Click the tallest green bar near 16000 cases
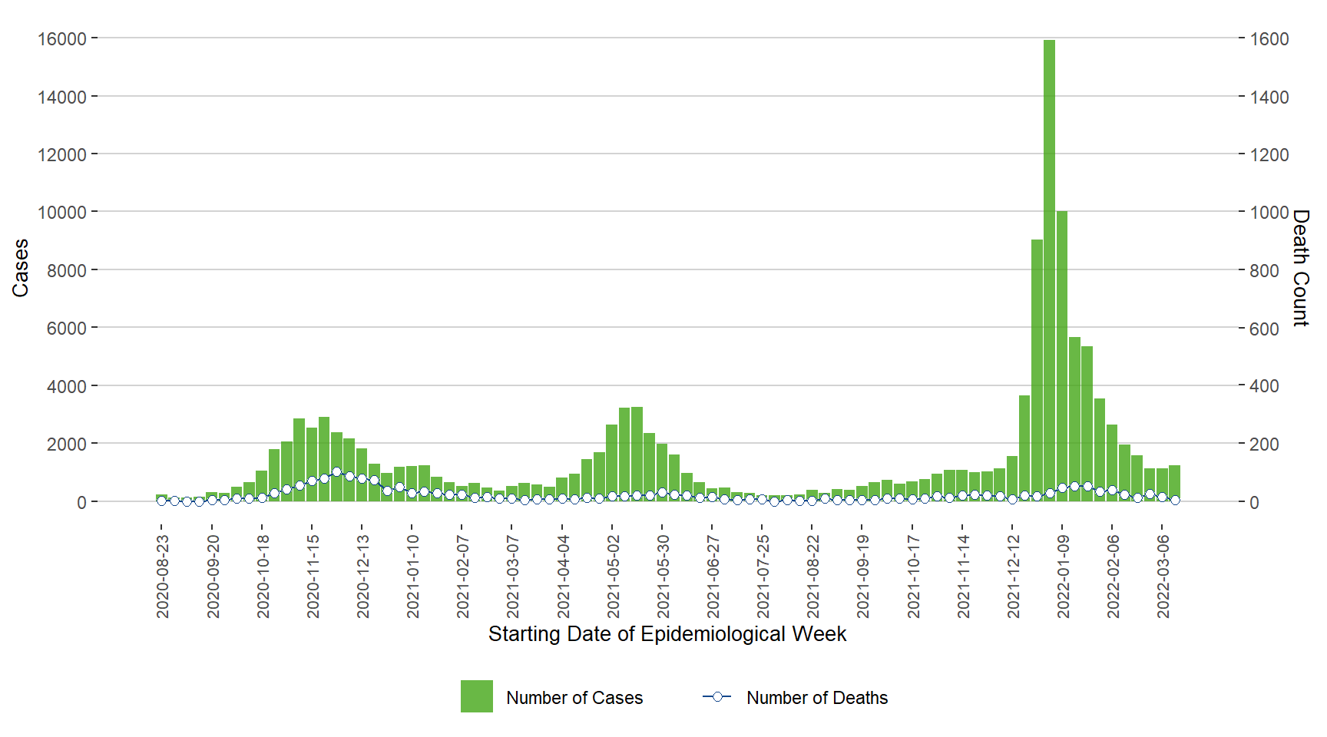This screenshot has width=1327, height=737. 1049,269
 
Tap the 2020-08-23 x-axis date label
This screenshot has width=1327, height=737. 162,577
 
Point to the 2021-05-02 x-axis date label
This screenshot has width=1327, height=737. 613,577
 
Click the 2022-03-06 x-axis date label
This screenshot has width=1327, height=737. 1163,577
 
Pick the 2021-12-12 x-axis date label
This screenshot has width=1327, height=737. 1014,577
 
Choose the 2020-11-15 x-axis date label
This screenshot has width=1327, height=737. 313,577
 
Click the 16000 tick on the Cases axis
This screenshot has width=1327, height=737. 61,38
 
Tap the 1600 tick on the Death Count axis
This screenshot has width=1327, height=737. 1269,38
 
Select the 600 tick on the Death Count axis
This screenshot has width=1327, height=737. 1264,329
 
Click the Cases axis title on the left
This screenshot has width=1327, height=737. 20,268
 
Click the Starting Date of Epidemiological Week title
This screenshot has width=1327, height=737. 667,634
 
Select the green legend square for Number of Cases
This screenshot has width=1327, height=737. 476,696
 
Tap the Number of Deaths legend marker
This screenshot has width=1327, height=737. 716,696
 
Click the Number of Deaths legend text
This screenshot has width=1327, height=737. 816,698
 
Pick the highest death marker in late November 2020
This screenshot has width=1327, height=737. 336,472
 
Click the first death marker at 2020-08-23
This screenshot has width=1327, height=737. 161,501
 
